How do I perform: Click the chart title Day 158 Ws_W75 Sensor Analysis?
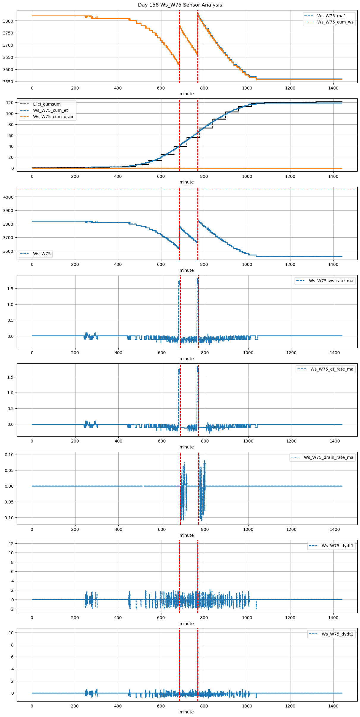pos(180,5)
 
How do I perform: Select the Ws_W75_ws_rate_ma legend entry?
pos(331,281)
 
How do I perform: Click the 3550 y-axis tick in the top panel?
pos(8,82)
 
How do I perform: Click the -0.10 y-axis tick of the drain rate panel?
pos(9,518)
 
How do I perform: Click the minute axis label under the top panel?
pos(186,94)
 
